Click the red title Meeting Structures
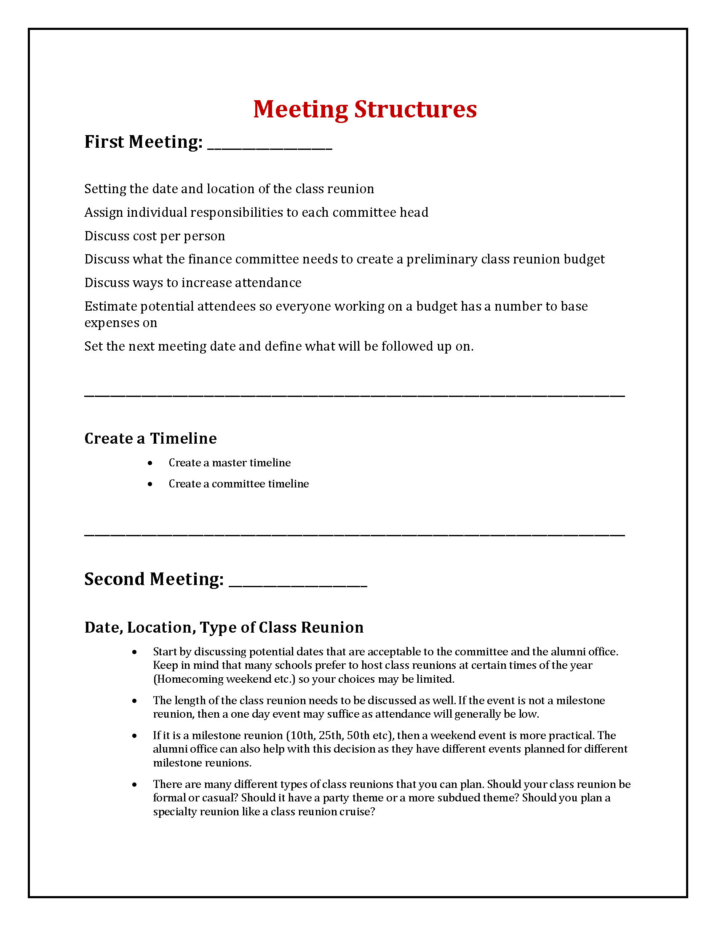coord(365,109)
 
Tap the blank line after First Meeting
coord(270,148)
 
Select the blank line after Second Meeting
coord(298,585)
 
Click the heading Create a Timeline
coord(151,439)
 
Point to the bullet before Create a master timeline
coord(150,463)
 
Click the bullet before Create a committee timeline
coord(150,484)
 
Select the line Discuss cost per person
coord(155,236)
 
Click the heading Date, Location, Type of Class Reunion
coord(224,628)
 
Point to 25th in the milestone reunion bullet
coord(330,735)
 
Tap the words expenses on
coord(121,323)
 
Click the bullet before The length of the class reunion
coord(134,701)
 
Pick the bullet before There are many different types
coord(134,785)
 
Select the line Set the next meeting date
coord(279,346)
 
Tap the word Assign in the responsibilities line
coord(104,213)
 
